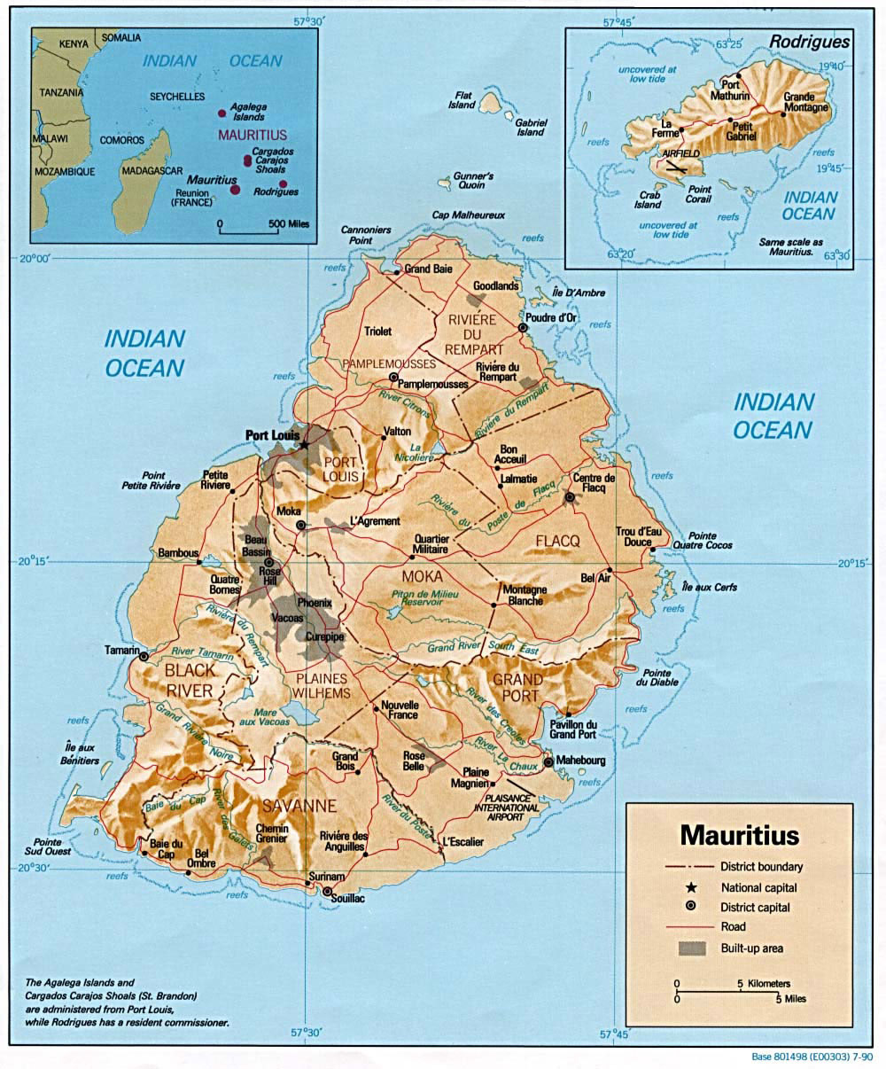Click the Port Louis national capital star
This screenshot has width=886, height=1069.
click(x=304, y=444)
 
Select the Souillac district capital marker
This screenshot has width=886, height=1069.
click(x=328, y=892)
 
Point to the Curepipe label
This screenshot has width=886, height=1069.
click(x=324, y=636)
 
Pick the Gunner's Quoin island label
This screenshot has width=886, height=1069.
click(x=473, y=181)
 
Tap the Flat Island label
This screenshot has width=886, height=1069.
click(x=462, y=99)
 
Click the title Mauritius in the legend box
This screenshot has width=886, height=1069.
click(x=739, y=835)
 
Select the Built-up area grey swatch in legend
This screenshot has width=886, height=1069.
click(x=692, y=948)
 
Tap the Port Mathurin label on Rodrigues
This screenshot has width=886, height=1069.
click(x=735, y=90)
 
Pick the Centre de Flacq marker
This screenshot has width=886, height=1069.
click(x=570, y=497)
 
